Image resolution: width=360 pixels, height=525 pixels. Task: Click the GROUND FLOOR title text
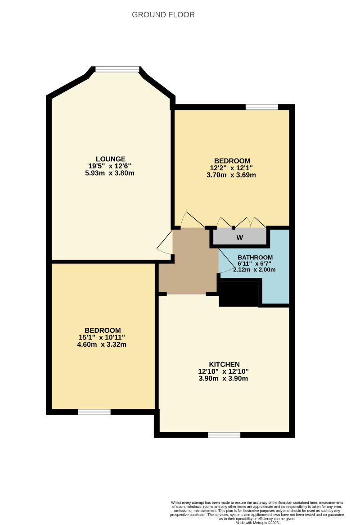pos(163,15)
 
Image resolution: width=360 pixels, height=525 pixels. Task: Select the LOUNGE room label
pos(110,158)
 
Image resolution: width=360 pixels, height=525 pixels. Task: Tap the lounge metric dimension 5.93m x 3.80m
pos(110,173)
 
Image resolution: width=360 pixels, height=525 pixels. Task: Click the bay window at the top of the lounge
pos(117,69)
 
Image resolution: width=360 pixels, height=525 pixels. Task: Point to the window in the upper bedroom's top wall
pos(261,107)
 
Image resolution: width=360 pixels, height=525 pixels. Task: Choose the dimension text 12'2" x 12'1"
pos(232,168)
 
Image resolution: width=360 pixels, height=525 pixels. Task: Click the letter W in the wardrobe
pos(240,237)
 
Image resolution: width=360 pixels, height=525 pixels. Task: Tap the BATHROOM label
pos(255,257)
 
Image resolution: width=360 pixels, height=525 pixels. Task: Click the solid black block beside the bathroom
pos(240,293)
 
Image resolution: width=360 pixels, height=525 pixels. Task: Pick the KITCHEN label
pos(224,364)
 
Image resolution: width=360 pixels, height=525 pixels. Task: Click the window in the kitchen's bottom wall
pos(224,434)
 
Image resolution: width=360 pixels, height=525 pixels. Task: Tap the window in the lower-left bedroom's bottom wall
pos(94,412)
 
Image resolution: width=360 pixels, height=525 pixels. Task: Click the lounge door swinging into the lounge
pos(165,242)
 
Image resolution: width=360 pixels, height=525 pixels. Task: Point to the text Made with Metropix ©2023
pos(257,522)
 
